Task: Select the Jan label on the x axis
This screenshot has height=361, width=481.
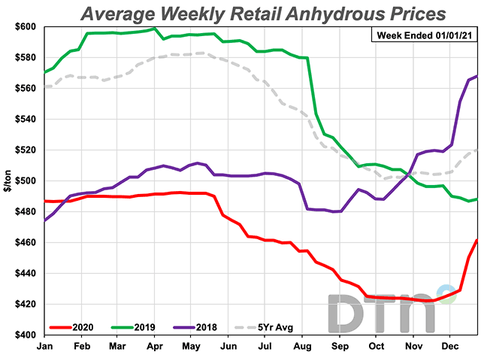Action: tap(44, 347)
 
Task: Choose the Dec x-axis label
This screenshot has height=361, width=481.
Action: tap(451, 347)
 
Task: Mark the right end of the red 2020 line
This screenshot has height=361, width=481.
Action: tap(477, 240)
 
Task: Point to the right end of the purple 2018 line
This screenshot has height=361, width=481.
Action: tap(477, 76)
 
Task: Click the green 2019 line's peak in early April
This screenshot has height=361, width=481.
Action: tap(155, 29)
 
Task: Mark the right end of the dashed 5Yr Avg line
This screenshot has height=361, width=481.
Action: tap(477, 150)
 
